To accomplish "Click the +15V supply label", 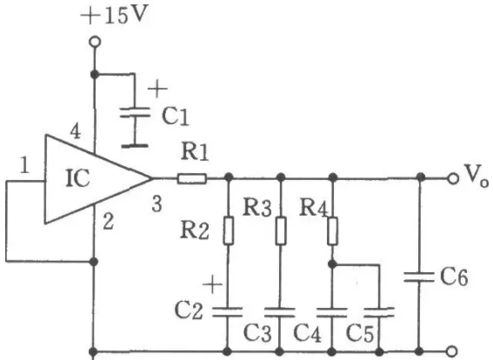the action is (114, 15).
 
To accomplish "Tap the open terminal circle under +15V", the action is (95, 42).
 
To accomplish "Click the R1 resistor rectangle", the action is (192, 178).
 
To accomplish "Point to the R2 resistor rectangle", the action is (229, 230).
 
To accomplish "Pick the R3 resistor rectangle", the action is (281, 230).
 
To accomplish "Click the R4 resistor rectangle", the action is (333, 230).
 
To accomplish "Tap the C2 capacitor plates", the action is (227, 312).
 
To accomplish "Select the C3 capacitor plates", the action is (279, 312).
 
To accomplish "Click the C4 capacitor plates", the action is (331, 312).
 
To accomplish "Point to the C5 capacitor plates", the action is (379, 312).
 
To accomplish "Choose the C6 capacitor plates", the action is (419, 277).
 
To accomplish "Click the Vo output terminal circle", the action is (453, 178).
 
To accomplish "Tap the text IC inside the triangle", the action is (77, 178).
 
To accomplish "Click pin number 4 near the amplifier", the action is (75, 131).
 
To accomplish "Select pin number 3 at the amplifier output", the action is (157, 204).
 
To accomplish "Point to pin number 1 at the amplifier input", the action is (24, 165).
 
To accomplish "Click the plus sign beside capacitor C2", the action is (212, 284).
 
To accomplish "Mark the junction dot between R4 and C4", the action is (332, 264).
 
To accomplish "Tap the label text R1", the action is (195, 152).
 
